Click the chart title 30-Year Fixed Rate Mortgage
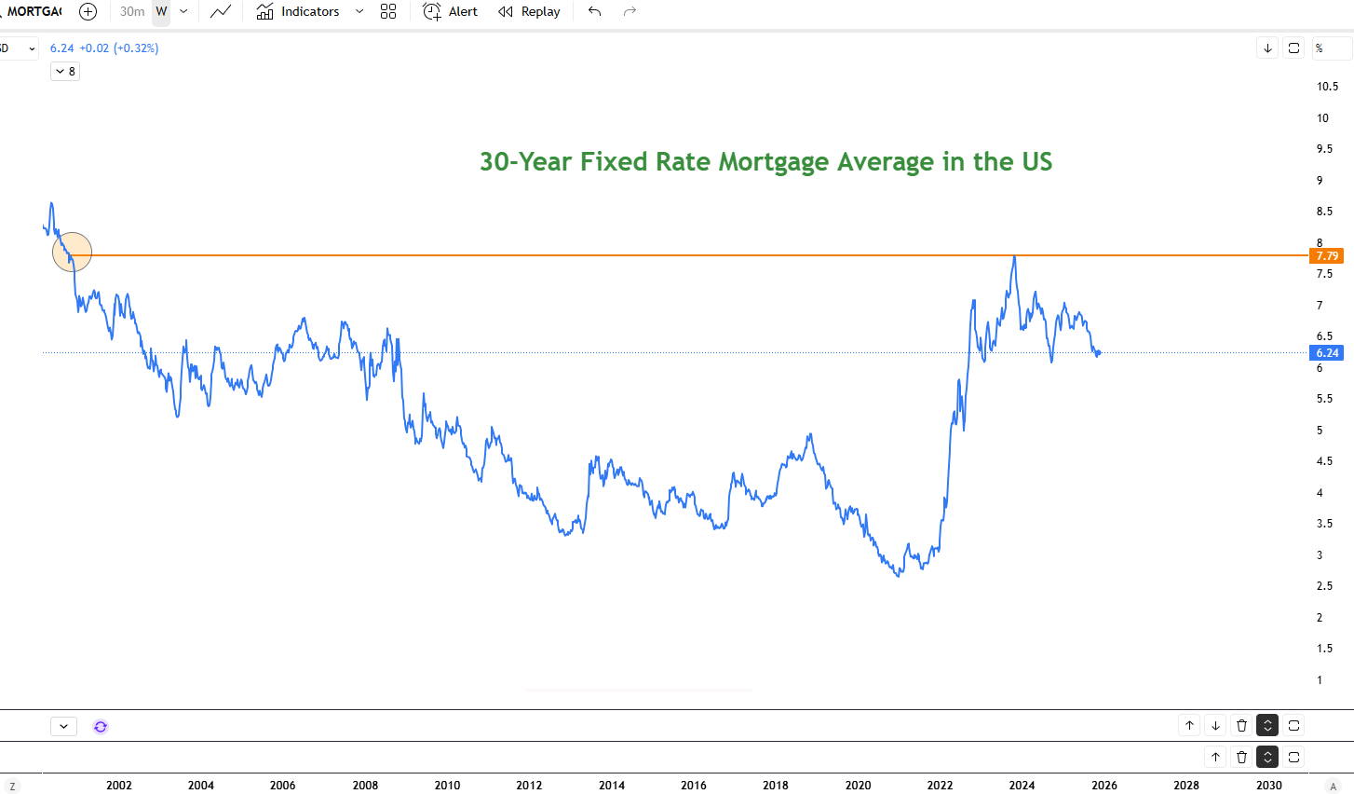click(x=765, y=162)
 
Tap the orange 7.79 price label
click(x=1326, y=255)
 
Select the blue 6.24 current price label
click(x=1326, y=353)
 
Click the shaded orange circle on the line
click(x=72, y=252)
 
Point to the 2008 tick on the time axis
click(x=365, y=785)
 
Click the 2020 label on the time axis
click(x=858, y=785)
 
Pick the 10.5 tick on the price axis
click(x=1327, y=87)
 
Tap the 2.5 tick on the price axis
click(x=1323, y=586)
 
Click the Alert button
click(x=451, y=12)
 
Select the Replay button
click(x=529, y=12)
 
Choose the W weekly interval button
click(x=161, y=12)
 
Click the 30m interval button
click(x=132, y=12)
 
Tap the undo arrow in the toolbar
click(x=594, y=12)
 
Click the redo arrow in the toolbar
click(x=630, y=12)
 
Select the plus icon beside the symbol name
click(x=88, y=12)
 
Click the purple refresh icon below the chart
click(x=101, y=726)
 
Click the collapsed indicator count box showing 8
click(x=65, y=72)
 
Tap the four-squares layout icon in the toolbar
click(x=388, y=12)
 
